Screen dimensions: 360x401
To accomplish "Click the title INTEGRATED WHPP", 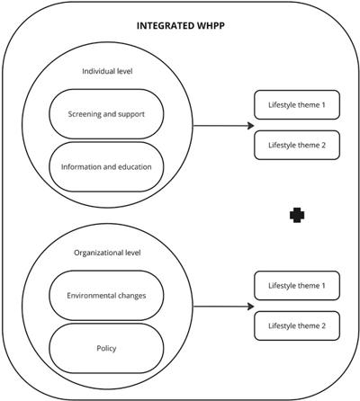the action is (x=181, y=26).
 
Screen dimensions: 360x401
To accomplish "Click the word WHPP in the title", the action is (x=211, y=26).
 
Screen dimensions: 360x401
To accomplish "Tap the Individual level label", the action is (x=107, y=71).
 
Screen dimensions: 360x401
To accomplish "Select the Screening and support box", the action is (x=106, y=114).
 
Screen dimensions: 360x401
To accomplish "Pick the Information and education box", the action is (x=106, y=166).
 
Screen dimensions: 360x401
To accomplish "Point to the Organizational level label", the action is (x=107, y=253).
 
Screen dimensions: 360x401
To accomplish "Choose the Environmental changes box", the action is (x=106, y=296).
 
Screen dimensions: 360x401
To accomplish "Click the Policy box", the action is (x=106, y=348).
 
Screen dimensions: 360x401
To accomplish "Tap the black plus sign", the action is (x=297, y=215).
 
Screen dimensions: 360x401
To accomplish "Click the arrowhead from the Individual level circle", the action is (x=251, y=126).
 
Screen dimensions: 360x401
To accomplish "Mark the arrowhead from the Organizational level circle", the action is (x=251, y=307).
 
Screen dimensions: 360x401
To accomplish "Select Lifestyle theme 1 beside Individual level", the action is (x=297, y=105).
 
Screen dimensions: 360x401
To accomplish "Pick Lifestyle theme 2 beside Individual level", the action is (x=297, y=145).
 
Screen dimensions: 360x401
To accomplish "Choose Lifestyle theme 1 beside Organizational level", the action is (x=297, y=286).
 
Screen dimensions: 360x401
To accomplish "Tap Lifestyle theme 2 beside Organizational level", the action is (x=297, y=325).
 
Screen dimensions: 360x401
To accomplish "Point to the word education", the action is (x=134, y=166).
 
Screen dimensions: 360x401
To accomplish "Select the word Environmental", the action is (x=87, y=296).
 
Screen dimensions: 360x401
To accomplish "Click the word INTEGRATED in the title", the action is (x=166, y=26).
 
